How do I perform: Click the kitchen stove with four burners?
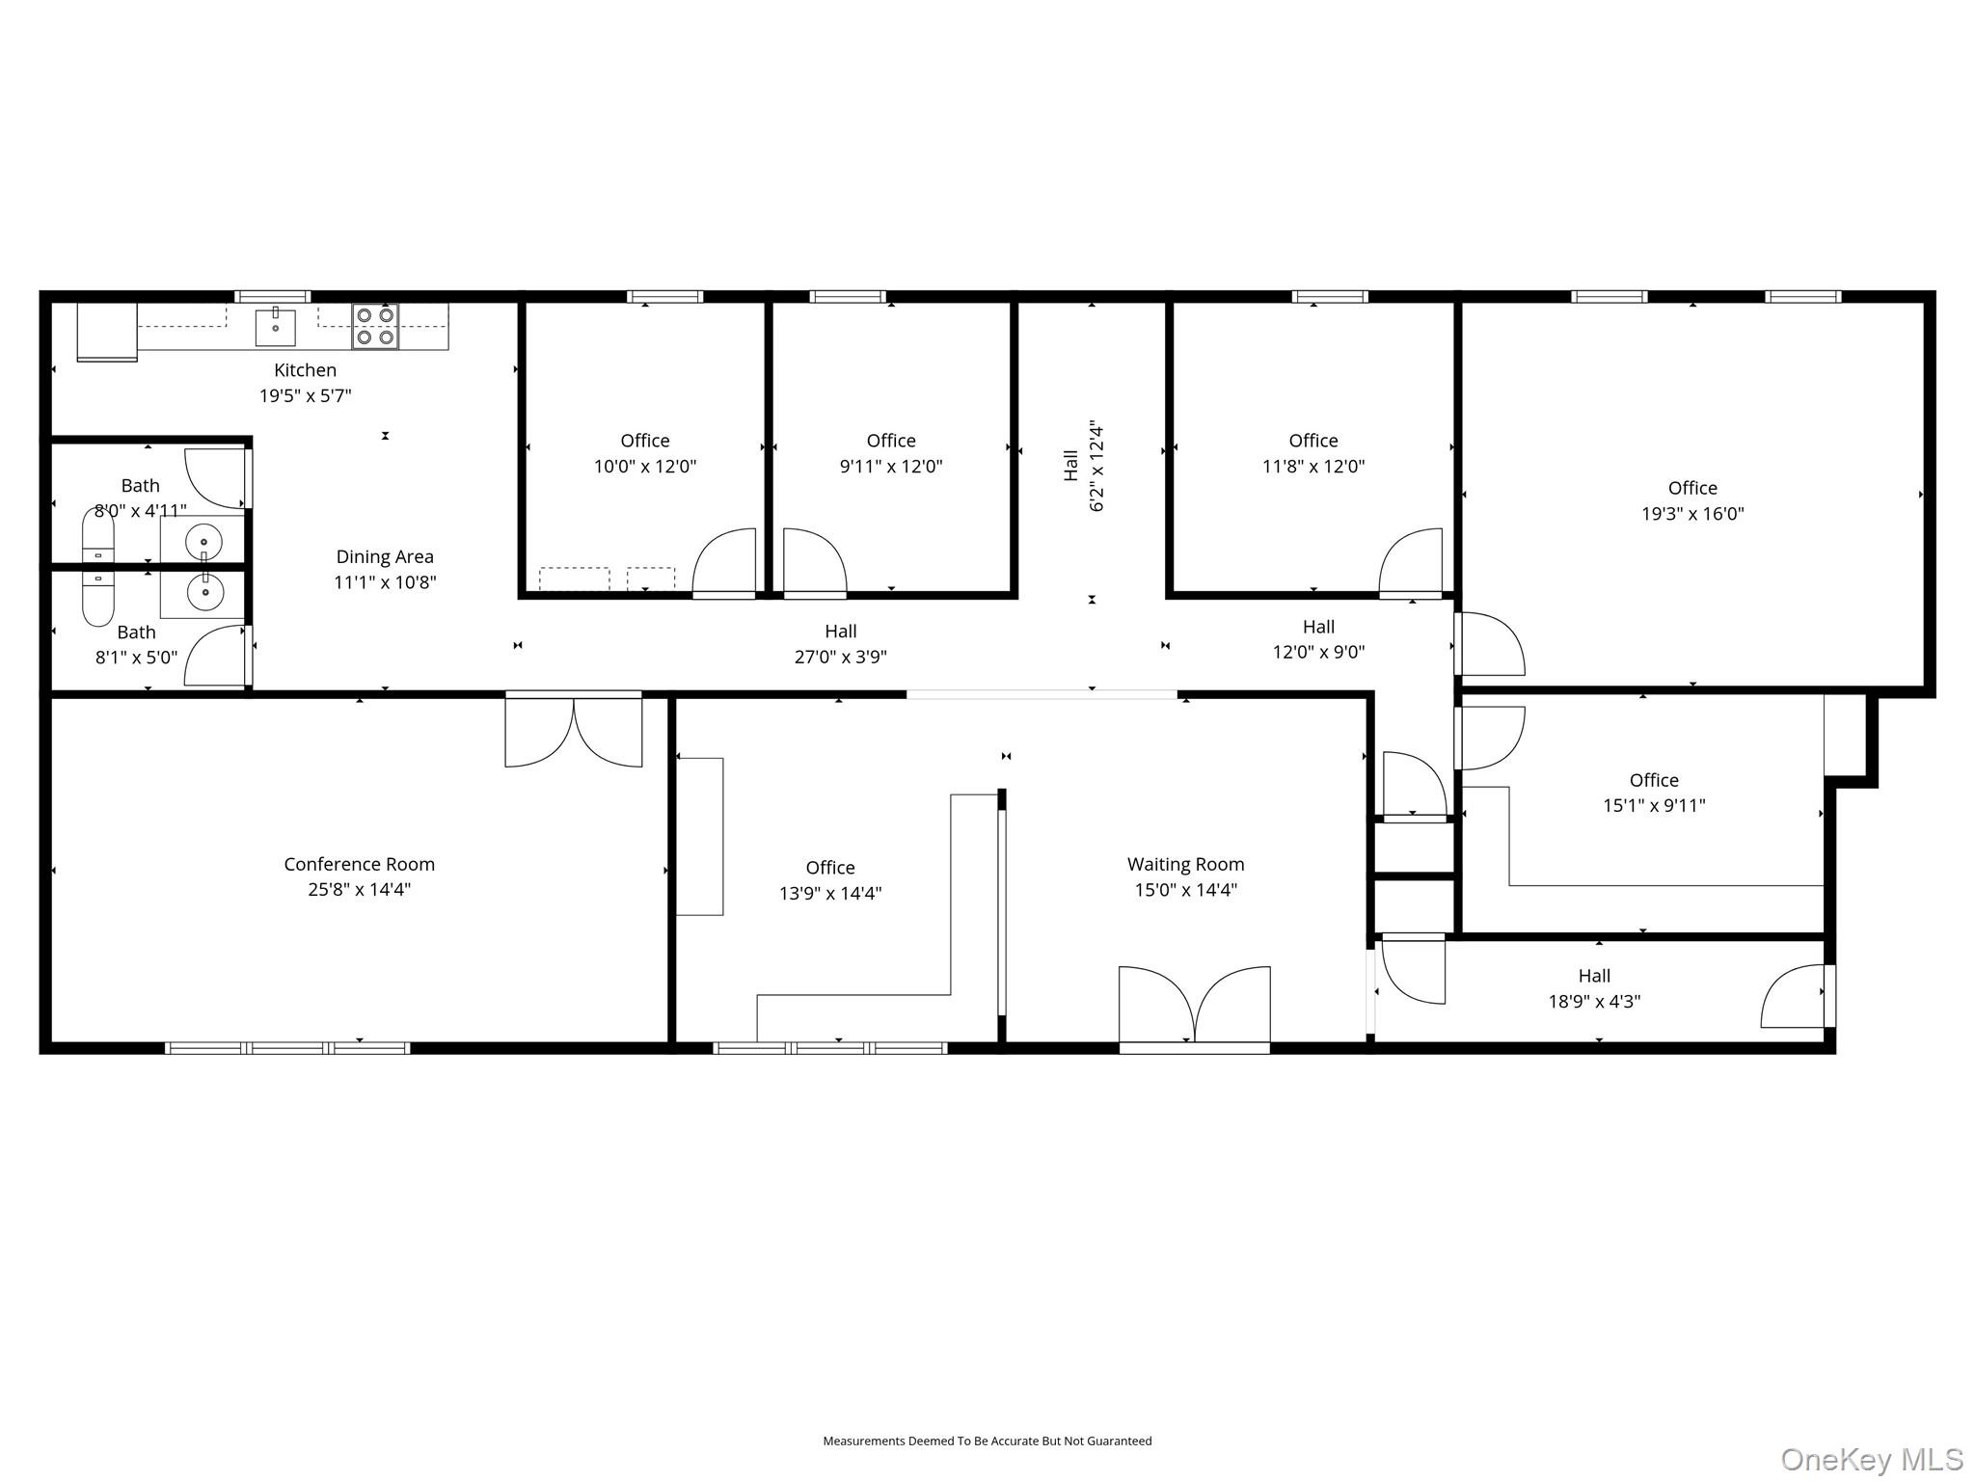375,326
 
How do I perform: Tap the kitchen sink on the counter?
275,328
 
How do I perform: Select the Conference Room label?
359,864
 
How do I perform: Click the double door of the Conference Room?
574,731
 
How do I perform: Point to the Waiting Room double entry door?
1194,1005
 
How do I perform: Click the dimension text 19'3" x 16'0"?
1692,514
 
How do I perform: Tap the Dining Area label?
385,556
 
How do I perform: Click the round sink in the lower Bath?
204,591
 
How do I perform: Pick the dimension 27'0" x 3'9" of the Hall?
840,657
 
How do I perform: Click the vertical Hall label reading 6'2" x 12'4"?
1083,466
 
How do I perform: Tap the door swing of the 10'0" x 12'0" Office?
724,562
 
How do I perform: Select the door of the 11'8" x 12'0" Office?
1411,562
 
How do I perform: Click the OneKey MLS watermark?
1871,1459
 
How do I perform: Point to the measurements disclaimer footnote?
987,1441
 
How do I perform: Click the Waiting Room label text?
1185,864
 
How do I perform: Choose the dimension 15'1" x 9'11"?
1654,806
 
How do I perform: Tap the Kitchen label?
305,369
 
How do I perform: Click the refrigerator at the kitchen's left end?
107,331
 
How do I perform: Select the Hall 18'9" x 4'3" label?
1594,988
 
